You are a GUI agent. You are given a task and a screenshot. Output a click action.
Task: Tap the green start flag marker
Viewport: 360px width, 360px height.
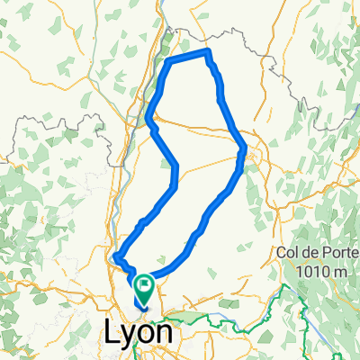(144, 287)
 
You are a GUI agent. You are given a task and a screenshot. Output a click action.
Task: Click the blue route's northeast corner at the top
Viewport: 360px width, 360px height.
(209, 52)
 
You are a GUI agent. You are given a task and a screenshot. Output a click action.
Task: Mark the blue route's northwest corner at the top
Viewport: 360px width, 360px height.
(171, 61)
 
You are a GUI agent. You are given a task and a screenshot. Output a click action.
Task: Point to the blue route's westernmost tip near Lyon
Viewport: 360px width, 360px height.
(114, 258)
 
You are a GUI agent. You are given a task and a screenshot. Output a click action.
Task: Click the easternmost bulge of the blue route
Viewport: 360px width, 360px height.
(245, 153)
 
